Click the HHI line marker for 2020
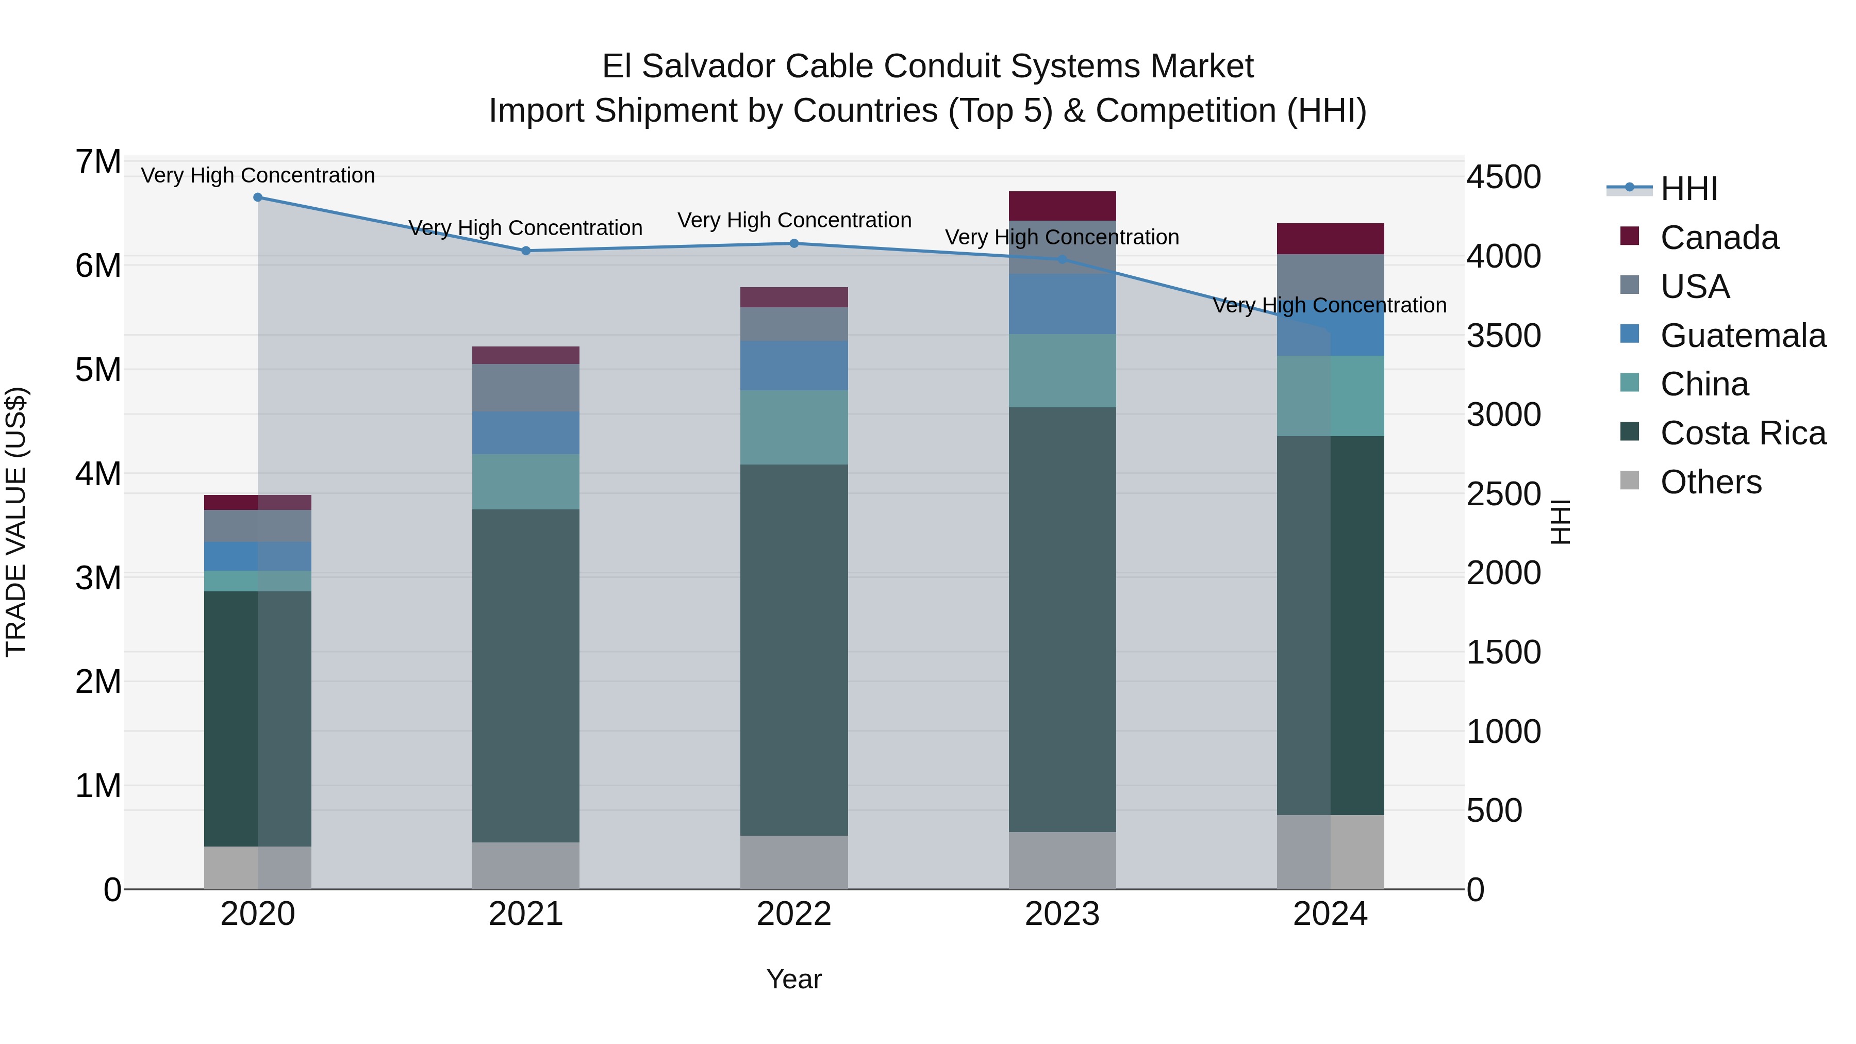pyautogui.click(x=258, y=197)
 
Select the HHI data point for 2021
pyautogui.click(x=526, y=251)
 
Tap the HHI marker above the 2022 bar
pyautogui.click(x=794, y=243)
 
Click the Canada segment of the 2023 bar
pyautogui.click(x=1062, y=206)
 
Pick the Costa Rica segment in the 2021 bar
pyautogui.click(x=526, y=676)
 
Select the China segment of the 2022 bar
pyautogui.click(x=794, y=427)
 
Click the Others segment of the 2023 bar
pyautogui.click(x=1062, y=860)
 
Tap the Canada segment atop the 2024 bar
pyautogui.click(x=1330, y=239)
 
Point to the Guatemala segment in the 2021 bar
pyautogui.click(x=526, y=433)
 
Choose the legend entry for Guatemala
pyautogui.click(x=1742, y=336)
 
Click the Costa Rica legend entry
pyautogui.click(x=1742, y=433)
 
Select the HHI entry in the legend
pyautogui.click(x=1688, y=189)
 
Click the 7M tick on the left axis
pyautogui.click(x=98, y=162)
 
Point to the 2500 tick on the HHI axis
pyautogui.click(x=1504, y=494)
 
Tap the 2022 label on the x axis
pyautogui.click(x=794, y=914)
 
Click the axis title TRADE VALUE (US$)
pyautogui.click(x=16, y=522)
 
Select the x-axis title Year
pyautogui.click(x=794, y=979)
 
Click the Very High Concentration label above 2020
pyautogui.click(x=258, y=175)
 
